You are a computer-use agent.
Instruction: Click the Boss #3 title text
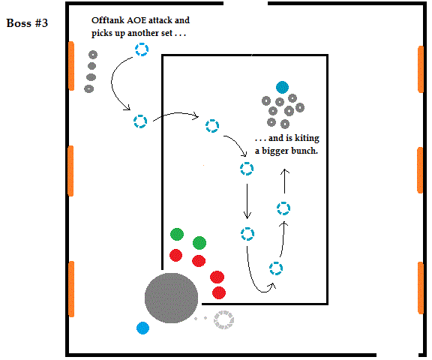tap(27, 23)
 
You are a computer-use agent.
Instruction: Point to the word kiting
tap(307, 138)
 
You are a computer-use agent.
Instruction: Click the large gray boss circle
tap(171, 298)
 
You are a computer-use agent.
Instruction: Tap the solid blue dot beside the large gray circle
tap(142, 328)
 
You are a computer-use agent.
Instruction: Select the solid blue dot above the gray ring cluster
tap(282, 87)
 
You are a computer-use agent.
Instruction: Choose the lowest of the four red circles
tap(219, 292)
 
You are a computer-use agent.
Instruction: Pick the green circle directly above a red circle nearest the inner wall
tap(177, 235)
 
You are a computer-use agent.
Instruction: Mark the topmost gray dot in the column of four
tap(93, 55)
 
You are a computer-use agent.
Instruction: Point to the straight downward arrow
tap(247, 201)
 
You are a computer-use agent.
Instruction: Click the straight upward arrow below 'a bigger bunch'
tap(284, 181)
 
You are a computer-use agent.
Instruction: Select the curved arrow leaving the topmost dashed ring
tap(112, 82)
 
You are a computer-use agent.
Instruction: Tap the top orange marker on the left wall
tap(71, 66)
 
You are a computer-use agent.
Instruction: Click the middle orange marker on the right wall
tap(420, 170)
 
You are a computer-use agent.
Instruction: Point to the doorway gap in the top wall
tap(245, 4)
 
